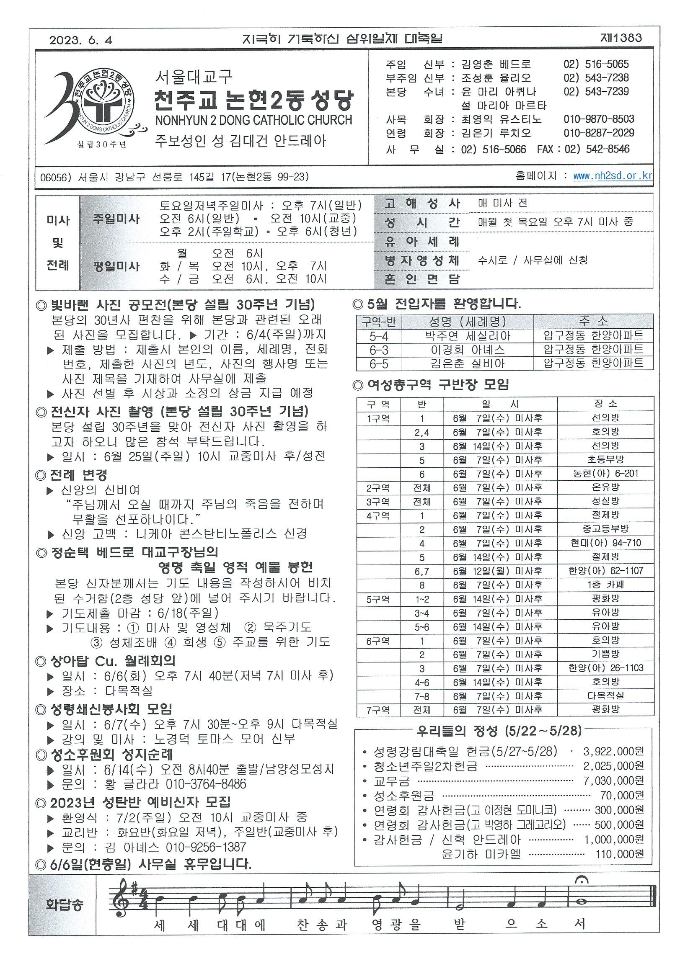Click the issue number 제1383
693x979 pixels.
tap(621, 38)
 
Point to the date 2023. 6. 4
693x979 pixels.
tap(80, 40)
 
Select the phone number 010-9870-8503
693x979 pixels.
tap(599, 119)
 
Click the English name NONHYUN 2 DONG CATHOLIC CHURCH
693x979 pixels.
tap(253, 120)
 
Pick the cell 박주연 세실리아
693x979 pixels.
tap(467, 336)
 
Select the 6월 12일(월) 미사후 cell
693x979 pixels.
tap(500, 570)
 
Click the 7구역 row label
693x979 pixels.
tap(378, 710)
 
